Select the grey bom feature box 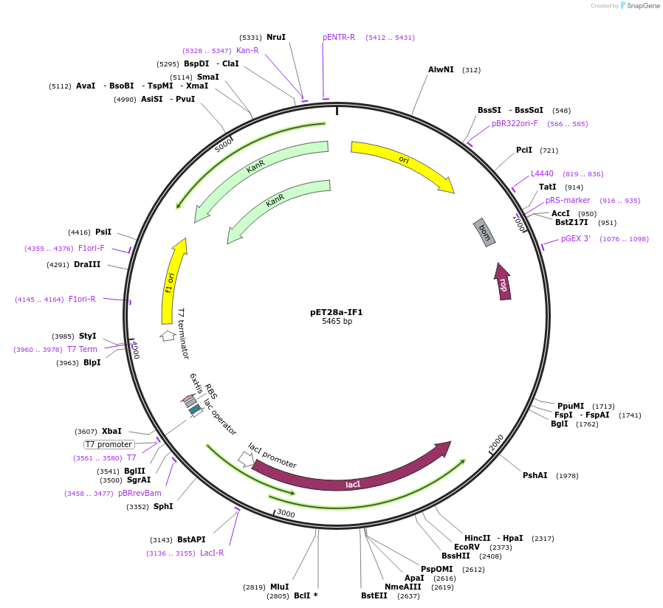click(x=484, y=232)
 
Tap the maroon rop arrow click(x=503, y=282)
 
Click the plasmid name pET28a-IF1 click(x=337, y=312)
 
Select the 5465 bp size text click(x=337, y=321)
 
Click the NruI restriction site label click(x=276, y=37)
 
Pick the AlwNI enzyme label click(x=441, y=69)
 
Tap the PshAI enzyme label click(x=535, y=475)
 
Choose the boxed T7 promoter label click(x=109, y=444)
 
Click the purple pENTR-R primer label click(x=339, y=37)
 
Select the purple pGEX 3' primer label click(x=575, y=239)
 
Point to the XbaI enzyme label click(x=111, y=431)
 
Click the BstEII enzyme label click(x=374, y=595)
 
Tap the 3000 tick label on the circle click(x=286, y=514)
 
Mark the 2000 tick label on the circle click(x=496, y=443)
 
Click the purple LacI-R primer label click(x=212, y=553)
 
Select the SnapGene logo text click(x=643, y=5)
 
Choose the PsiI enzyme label click(x=103, y=232)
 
